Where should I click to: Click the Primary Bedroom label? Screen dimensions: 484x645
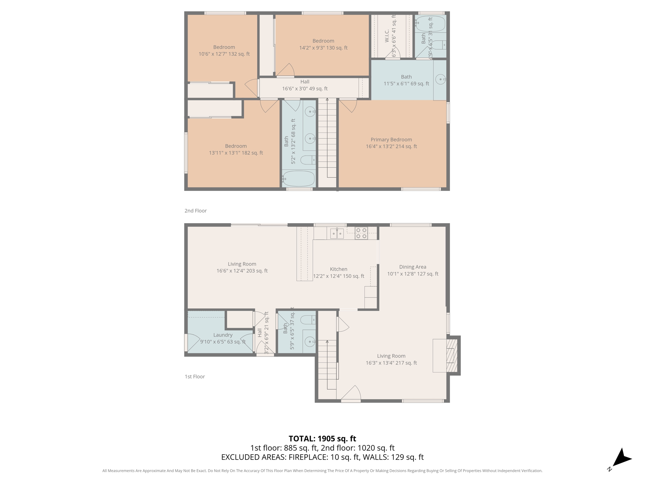click(x=391, y=140)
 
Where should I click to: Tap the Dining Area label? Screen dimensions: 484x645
click(x=413, y=267)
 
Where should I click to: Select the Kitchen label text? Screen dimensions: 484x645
click(x=339, y=269)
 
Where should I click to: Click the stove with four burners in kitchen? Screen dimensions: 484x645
click(x=361, y=233)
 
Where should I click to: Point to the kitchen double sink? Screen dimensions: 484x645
click(x=337, y=234)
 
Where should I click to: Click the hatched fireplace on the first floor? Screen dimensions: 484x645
click(x=452, y=355)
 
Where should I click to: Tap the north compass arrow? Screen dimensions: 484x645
click(x=621, y=458)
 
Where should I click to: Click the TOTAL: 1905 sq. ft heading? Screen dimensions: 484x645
click(x=322, y=439)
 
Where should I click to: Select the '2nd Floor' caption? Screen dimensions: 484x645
click(x=196, y=211)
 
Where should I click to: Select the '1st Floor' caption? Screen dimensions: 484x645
click(x=195, y=377)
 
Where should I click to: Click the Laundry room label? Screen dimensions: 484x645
click(x=223, y=335)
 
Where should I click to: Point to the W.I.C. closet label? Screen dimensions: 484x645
click(x=387, y=36)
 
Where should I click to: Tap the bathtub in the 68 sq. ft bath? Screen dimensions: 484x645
click(x=298, y=179)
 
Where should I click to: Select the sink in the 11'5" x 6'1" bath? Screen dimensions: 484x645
click(x=440, y=79)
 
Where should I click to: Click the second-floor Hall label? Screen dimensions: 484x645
click(x=305, y=82)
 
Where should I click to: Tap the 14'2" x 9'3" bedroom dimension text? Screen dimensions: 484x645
click(x=323, y=48)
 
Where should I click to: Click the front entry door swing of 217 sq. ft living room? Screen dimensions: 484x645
click(x=351, y=394)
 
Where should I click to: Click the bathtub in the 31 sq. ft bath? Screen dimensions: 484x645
click(x=430, y=24)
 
